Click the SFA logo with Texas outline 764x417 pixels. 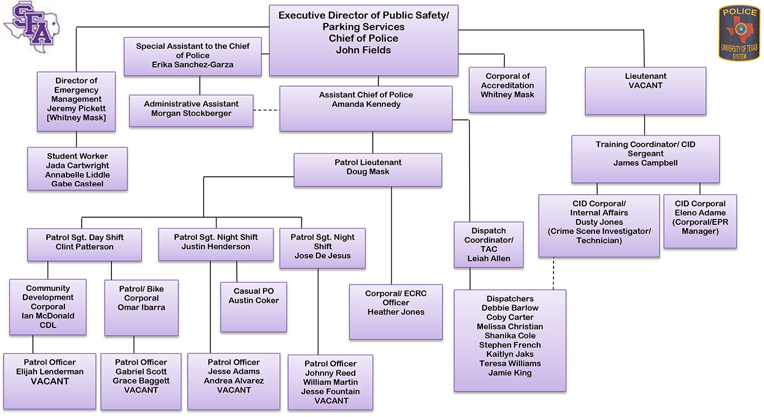click(x=32, y=26)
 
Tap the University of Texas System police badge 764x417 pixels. click(x=739, y=33)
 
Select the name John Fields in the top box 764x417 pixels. click(x=363, y=50)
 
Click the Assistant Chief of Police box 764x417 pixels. click(x=365, y=108)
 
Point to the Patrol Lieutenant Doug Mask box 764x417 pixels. click(x=368, y=170)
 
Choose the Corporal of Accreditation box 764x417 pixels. click(x=507, y=90)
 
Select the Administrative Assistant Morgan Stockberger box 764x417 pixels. click(x=191, y=110)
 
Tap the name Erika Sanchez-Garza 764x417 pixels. click(x=193, y=64)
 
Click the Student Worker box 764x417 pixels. click(x=77, y=169)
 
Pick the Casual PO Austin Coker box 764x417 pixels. click(x=254, y=307)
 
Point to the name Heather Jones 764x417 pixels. click(x=396, y=312)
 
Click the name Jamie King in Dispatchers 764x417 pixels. click(x=510, y=373)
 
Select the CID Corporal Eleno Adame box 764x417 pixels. click(x=700, y=221)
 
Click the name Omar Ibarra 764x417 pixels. click(x=141, y=307)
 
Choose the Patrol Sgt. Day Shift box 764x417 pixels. click(x=85, y=244)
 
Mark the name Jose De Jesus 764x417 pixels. click(x=322, y=256)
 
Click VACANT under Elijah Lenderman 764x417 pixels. click(x=49, y=381)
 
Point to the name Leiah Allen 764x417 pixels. click(x=489, y=259)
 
